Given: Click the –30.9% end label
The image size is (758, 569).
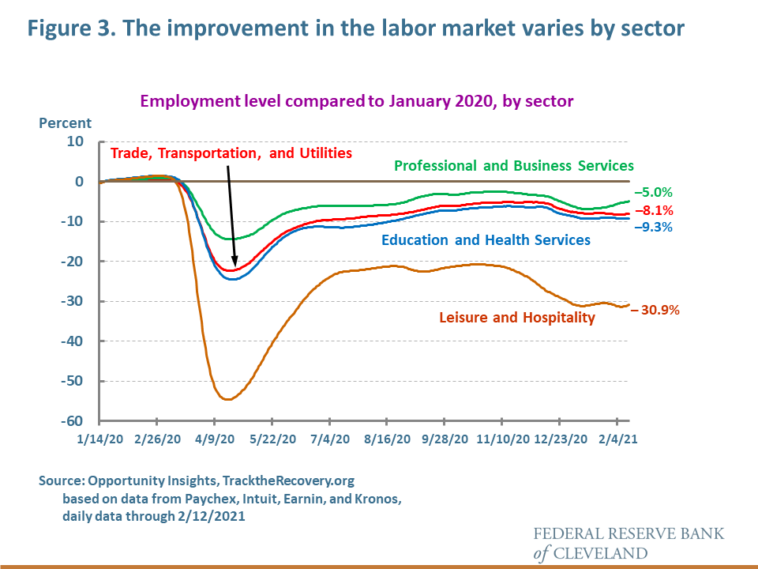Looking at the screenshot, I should [x=655, y=310].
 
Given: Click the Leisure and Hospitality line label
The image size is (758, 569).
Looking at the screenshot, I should [x=516, y=318].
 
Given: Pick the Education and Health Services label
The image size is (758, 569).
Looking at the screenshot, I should [x=486, y=239].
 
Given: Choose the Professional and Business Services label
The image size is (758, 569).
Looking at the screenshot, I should [x=514, y=166].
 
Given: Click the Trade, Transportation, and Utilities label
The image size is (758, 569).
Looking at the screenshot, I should [x=231, y=153].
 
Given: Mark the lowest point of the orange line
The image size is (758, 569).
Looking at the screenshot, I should [x=227, y=399].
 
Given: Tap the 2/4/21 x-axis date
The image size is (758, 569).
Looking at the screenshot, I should [x=618, y=438].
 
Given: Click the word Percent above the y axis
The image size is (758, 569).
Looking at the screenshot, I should [x=65, y=123].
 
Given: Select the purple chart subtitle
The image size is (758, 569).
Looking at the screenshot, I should [x=357, y=101].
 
